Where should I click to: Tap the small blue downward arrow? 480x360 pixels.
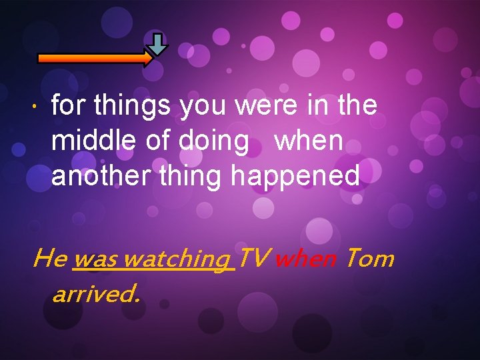157,44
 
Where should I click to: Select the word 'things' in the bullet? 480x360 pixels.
123,105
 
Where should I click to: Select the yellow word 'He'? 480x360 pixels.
49,257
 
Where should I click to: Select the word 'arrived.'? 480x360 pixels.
96,293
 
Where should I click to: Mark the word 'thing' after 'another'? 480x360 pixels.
191,176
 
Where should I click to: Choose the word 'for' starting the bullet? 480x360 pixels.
69,105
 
